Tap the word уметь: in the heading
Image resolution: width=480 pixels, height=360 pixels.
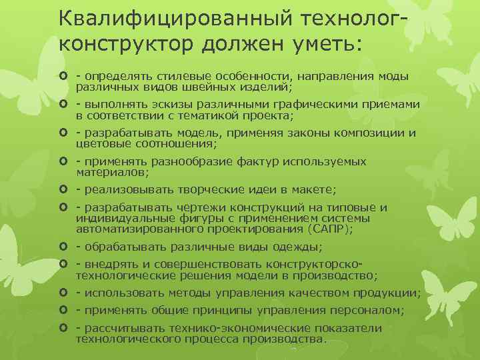(328, 45)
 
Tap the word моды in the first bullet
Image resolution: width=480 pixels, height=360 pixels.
(394, 77)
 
